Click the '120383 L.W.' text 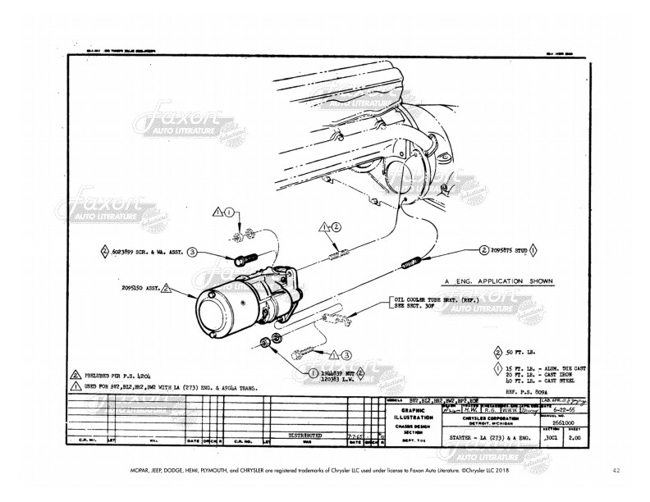point(336,381)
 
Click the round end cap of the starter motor point(212,311)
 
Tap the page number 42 point(616,471)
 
